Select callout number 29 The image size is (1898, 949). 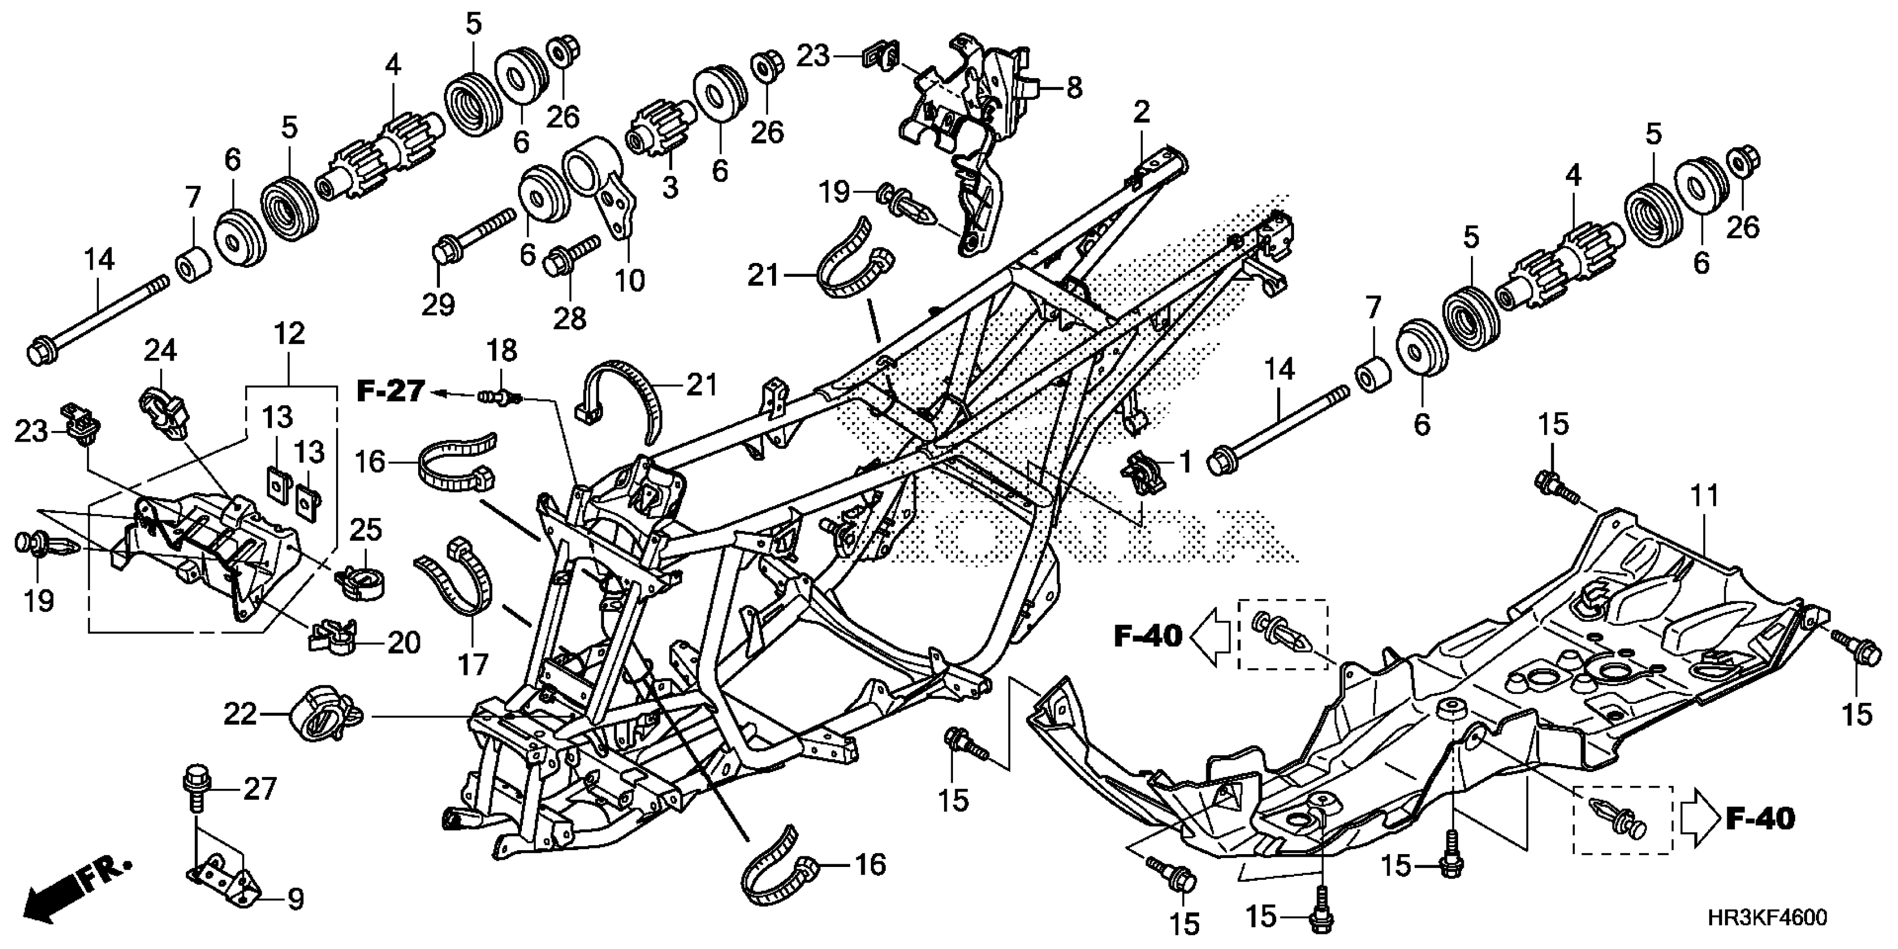(438, 304)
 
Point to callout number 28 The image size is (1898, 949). (569, 318)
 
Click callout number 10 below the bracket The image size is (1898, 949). (630, 280)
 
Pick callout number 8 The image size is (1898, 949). (1074, 88)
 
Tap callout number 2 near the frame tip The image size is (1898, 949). (1140, 112)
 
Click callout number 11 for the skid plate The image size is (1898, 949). (1704, 495)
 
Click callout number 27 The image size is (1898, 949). (260, 789)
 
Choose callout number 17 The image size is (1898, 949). (473, 665)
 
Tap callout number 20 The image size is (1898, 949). (404, 643)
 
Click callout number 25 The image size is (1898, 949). (366, 529)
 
